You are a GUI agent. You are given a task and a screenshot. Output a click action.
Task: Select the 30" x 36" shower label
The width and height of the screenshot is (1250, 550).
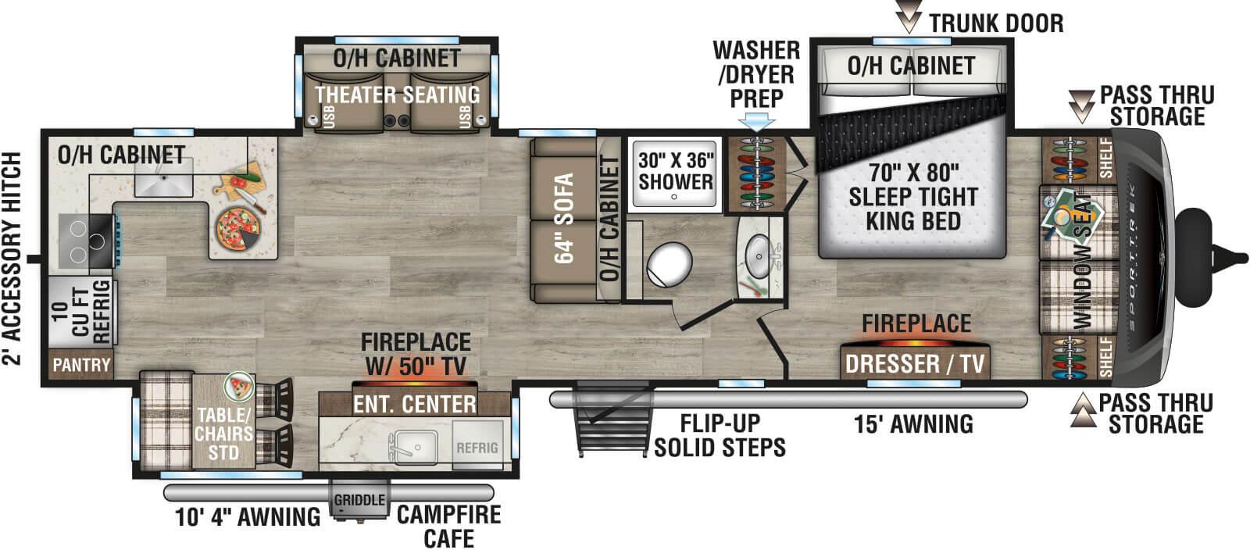tap(675, 171)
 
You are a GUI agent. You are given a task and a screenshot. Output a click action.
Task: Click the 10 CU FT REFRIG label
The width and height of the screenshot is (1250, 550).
tap(81, 311)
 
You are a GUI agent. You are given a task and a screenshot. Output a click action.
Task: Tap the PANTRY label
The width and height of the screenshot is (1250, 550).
tap(81, 365)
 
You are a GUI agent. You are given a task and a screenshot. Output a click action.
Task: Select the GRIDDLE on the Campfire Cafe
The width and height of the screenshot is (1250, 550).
tap(359, 500)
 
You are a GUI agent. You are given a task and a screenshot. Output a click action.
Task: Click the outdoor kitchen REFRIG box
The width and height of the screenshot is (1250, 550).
tap(477, 448)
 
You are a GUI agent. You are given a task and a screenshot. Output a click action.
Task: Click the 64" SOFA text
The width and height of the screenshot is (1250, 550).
tap(564, 218)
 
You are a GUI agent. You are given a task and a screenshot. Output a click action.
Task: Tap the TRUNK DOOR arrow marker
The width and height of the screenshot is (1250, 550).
tap(909, 17)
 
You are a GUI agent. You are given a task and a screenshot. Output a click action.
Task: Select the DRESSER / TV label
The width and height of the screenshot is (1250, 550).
tap(915, 363)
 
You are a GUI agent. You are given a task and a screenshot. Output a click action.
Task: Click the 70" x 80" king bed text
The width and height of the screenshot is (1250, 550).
tap(912, 196)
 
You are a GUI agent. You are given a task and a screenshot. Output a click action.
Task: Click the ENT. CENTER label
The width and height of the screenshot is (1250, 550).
tap(414, 404)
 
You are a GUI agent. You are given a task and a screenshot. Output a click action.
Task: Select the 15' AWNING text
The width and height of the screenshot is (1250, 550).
tap(913, 424)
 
